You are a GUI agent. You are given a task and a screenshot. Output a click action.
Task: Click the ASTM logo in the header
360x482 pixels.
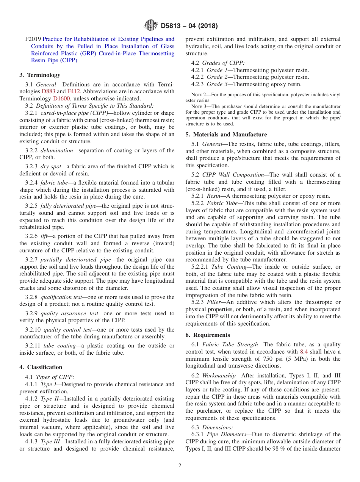[151, 26]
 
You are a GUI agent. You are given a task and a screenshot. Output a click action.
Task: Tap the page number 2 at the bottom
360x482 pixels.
[180, 466]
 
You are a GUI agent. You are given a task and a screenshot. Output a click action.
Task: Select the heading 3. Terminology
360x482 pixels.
[40, 75]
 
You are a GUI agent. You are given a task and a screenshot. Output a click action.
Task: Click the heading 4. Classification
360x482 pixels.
[41, 367]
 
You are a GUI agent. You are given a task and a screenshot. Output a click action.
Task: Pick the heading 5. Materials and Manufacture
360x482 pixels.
[226, 135]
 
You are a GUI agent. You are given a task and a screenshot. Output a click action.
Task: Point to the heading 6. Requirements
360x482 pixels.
[208, 335]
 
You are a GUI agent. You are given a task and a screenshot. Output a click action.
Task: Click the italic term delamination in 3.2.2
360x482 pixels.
[56, 150]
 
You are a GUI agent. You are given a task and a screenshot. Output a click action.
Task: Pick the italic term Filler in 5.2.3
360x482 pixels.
[214, 302]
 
